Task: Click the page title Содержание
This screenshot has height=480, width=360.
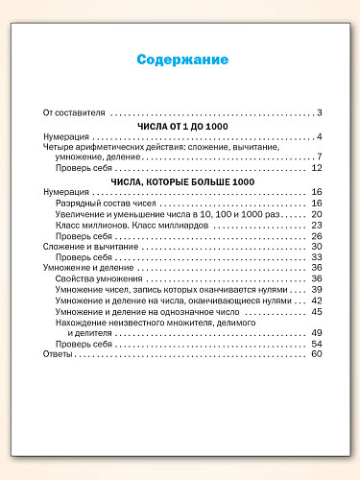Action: coord(181,60)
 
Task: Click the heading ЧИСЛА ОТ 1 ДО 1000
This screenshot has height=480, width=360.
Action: coord(181,125)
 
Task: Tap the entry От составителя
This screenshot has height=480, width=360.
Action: coord(74,112)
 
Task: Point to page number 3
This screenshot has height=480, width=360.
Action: coord(319,112)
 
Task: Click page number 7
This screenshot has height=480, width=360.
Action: coord(319,157)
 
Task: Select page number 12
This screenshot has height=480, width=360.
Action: coord(316,169)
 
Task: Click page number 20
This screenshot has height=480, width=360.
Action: coord(316,214)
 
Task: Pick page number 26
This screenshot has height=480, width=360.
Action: coord(316,236)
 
